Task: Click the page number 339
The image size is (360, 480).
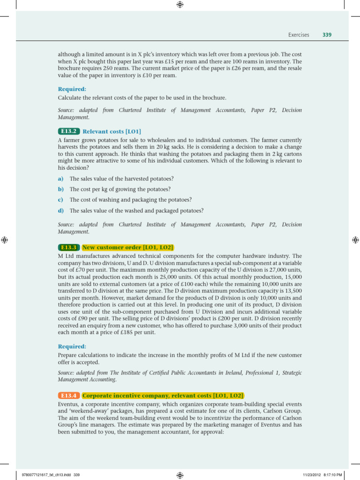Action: click(x=327, y=35)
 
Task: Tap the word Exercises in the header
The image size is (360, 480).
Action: click(x=299, y=35)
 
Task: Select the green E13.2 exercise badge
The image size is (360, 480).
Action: click(x=69, y=131)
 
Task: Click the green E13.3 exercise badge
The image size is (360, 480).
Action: click(x=69, y=247)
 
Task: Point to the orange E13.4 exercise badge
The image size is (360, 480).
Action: click(x=69, y=396)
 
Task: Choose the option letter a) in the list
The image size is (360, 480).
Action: click(x=60, y=179)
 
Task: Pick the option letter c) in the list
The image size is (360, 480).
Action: click(x=60, y=200)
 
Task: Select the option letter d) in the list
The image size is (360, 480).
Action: click(x=60, y=210)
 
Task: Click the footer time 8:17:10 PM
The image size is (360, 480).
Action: click(x=335, y=475)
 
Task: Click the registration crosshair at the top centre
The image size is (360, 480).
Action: click(x=180, y=5)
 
